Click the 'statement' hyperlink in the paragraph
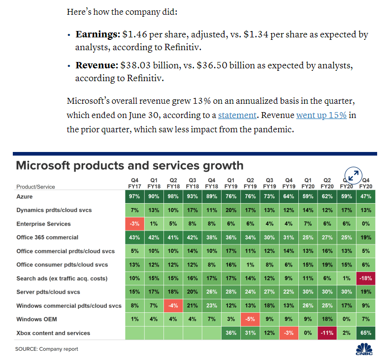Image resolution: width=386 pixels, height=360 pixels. point(237,115)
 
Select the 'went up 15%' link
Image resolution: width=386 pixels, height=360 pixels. point(321,115)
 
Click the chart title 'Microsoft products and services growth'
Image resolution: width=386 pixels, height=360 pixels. point(129,165)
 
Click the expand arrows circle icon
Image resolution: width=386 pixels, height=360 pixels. point(353,175)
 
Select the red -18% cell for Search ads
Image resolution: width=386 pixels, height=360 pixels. point(366,278)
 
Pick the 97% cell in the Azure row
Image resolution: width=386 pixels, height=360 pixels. point(134,196)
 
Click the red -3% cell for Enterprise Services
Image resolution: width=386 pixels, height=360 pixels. point(134,224)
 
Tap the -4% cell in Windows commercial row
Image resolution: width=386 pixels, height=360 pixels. point(173,306)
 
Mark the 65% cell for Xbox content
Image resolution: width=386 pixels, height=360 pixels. point(366,333)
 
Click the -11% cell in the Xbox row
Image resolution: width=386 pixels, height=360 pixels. point(327,333)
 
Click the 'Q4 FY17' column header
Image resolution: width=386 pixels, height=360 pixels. point(134,183)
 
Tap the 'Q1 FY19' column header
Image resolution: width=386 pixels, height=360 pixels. point(231,183)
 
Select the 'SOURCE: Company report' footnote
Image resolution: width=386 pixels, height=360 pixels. point(47,349)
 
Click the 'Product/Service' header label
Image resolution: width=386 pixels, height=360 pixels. point(35,187)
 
